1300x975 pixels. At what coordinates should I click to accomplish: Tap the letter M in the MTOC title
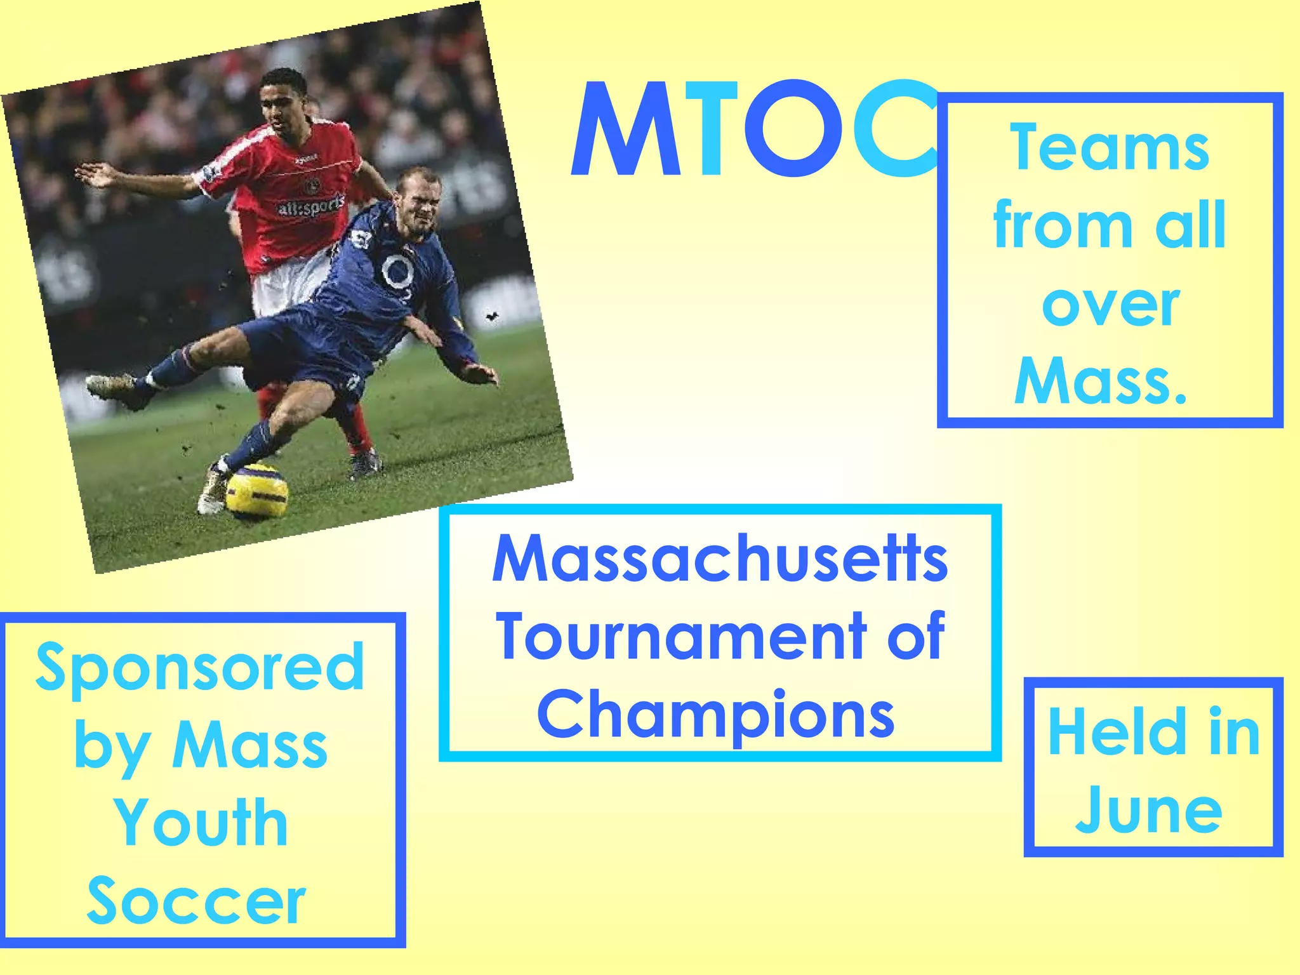[625, 130]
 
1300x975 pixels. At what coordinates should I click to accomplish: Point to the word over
[1110, 305]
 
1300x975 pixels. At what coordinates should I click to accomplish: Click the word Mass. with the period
[1101, 381]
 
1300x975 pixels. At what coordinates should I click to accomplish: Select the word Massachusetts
[720, 559]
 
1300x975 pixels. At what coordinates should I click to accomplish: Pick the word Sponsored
[200, 668]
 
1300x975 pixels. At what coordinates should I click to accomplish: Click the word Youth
[201, 823]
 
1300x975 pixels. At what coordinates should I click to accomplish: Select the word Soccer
[197, 901]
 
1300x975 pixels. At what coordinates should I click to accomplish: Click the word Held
[1117, 733]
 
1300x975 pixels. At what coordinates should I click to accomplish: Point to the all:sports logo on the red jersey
[310, 206]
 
